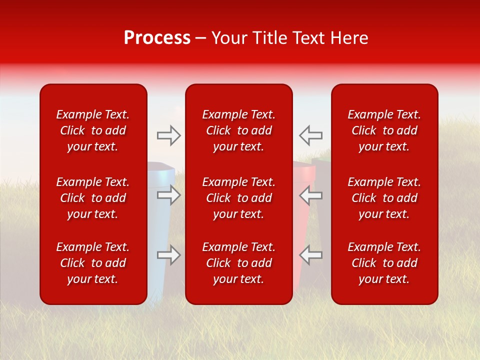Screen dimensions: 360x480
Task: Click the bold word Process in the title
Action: [x=157, y=38]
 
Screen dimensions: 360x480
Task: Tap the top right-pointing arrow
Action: [x=169, y=135]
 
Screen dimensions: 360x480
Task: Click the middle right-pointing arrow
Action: [x=169, y=194]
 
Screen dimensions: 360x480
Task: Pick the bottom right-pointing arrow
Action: [x=169, y=255]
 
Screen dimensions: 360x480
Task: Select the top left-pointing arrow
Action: [x=310, y=135]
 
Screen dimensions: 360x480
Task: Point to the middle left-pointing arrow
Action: [x=310, y=194]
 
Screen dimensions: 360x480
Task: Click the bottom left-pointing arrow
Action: [x=310, y=255]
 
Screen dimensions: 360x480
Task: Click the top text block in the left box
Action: [x=93, y=130]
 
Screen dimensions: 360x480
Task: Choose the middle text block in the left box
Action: [x=93, y=198]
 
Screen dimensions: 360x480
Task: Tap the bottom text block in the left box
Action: [x=93, y=263]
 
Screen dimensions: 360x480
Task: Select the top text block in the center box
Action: [x=238, y=130]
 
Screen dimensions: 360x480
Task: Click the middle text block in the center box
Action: [x=238, y=198]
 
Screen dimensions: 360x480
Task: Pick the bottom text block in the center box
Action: [x=238, y=263]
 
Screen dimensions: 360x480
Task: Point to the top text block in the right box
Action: [x=384, y=130]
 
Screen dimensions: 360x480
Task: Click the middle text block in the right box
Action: [x=384, y=198]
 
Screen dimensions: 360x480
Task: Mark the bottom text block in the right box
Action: [x=384, y=263]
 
